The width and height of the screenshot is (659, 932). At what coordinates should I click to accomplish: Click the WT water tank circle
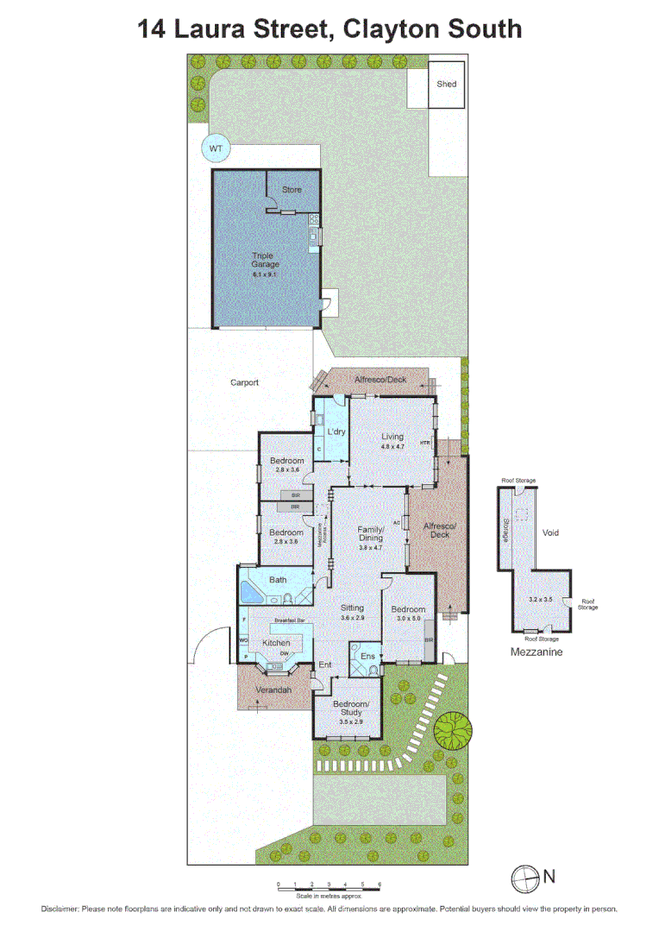[216, 148]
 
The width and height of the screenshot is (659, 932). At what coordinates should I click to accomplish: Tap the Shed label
[446, 84]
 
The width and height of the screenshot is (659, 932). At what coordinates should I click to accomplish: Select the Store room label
[292, 189]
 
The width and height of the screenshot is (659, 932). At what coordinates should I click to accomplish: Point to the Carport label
[245, 382]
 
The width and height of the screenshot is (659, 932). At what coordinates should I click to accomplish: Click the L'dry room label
[336, 431]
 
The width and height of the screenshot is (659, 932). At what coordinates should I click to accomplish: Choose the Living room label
[392, 437]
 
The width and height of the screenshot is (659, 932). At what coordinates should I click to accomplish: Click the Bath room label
[278, 580]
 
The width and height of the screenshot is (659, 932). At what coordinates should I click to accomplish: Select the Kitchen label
[276, 643]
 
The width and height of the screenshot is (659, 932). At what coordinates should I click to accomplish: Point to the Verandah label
[274, 690]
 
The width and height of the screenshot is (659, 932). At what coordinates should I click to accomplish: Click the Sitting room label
[352, 608]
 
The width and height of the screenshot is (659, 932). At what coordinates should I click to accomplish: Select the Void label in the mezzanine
[549, 532]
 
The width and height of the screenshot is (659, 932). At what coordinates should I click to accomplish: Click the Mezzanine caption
[537, 652]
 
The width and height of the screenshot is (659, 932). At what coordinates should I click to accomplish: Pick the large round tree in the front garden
[453, 730]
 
